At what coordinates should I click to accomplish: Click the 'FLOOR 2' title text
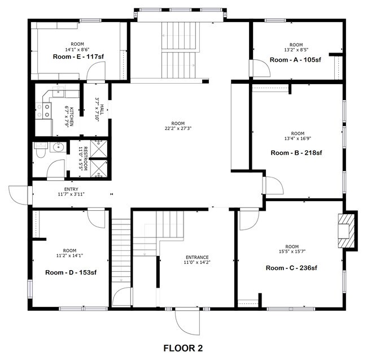coord(183,348)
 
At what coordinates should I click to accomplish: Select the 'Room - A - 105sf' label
coord(296,58)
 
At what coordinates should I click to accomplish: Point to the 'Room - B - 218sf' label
coord(296,153)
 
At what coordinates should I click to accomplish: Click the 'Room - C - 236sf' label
coord(291,267)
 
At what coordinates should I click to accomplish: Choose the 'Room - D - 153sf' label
coord(71,272)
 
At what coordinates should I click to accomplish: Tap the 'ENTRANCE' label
coord(196,257)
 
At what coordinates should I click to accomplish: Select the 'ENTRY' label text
coord(71,189)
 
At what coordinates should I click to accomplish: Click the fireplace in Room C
coord(347,230)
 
